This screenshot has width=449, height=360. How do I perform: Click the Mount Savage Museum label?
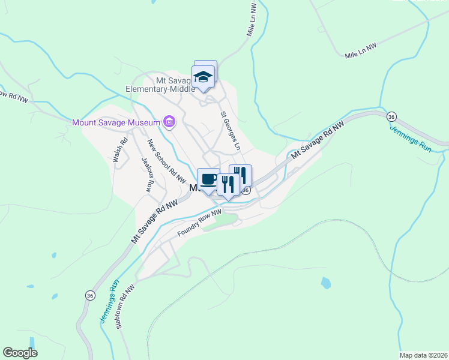click(x=116, y=122)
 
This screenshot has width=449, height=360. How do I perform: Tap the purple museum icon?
click(x=169, y=123)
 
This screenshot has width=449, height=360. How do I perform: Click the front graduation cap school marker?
click(x=203, y=77)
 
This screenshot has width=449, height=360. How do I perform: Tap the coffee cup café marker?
click(x=208, y=179)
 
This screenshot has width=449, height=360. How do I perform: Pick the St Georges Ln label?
click(x=231, y=130)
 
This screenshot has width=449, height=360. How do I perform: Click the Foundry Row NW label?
click(x=199, y=223)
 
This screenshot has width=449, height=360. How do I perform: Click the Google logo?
click(x=20, y=353)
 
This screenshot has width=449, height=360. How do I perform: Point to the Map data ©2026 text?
click(x=423, y=355)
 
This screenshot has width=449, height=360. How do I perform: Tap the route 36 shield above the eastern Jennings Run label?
click(x=391, y=116)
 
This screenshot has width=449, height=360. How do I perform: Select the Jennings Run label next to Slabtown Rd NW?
click(x=108, y=302)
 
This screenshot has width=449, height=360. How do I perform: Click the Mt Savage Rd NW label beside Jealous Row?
click(x=156, y=220)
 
